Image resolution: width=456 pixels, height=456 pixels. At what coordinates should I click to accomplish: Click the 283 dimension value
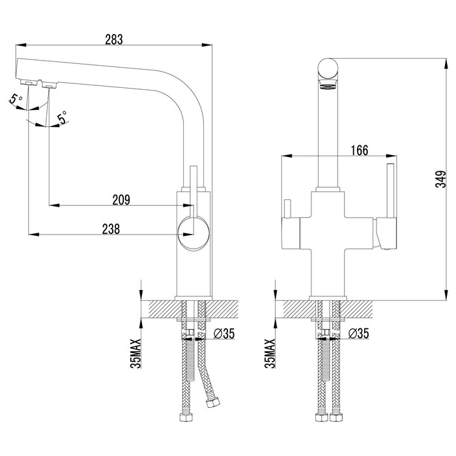click(x=113, y=38)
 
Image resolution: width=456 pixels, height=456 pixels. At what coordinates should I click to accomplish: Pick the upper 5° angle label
click(x=16, y=99)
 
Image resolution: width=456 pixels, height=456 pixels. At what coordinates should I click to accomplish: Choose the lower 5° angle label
click(x=63, y=117)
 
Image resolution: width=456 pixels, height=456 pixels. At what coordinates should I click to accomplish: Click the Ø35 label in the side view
click(x=224, y=334)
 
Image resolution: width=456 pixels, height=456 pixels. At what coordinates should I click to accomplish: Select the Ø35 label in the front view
click(x=359, y=334)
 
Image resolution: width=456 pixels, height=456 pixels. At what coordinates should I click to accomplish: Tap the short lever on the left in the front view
click(x=287, y=209)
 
